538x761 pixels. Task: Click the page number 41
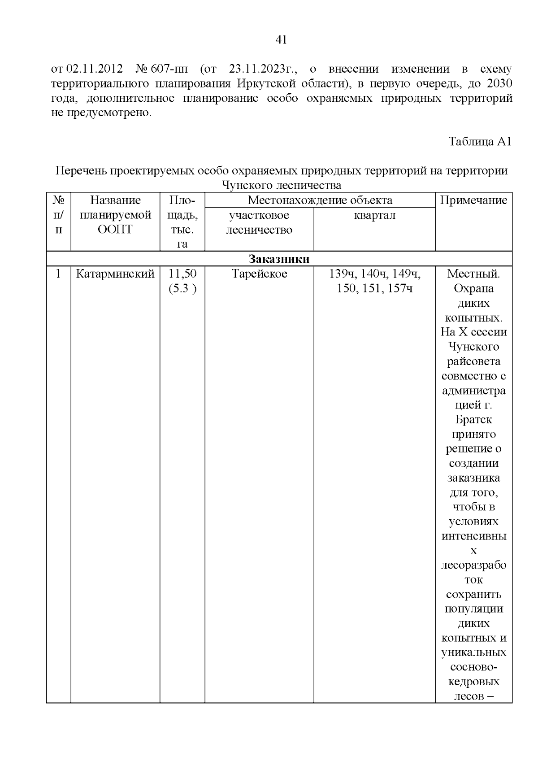tap(281, 40)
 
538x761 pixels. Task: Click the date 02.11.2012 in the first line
tap(95, 69)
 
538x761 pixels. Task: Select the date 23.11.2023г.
tap(264, 69)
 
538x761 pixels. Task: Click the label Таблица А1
tap(480, 142)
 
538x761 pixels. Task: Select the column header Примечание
tap(473, 200)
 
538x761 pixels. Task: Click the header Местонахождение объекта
tap(320, 200)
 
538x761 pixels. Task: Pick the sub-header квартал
tap(374, 215)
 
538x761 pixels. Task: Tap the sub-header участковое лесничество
tap(259, 222)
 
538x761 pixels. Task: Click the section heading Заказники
tap(279, 259)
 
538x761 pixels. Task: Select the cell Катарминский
tap(115, 274)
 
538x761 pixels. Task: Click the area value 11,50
tap(182, 274)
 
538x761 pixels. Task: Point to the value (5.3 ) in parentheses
tap(182, 288)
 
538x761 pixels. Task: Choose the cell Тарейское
tap(259, 274)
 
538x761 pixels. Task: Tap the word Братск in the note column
tap(473, 420)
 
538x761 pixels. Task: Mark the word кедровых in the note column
tap(473, 682)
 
